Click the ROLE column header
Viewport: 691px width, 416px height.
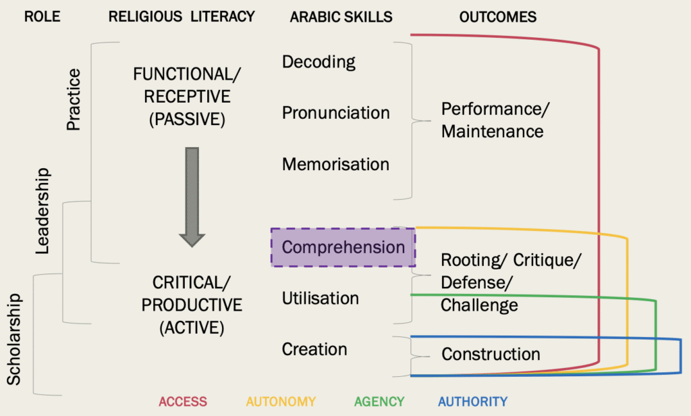(x=43, y=17)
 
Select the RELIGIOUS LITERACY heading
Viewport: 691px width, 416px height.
(x=182, y=17)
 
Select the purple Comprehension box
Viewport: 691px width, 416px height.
(x=343, y=247)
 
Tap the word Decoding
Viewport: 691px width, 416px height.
(x=319, y=62)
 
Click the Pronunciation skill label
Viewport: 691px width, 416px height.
(x=335, y=113)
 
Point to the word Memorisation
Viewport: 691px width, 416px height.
(x=335, y=164)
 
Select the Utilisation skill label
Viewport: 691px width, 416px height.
(x=320, y=298)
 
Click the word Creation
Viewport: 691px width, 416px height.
(x=314, y=349)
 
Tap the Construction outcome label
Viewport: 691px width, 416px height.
(x=491, y=354)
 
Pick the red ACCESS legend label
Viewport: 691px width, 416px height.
(x=183, y=402)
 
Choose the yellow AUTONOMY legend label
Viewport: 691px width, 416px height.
(x=281, y=402)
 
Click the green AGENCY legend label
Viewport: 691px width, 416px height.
(x=379, y=402)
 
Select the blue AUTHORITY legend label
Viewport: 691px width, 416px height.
(x=472, y=402)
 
